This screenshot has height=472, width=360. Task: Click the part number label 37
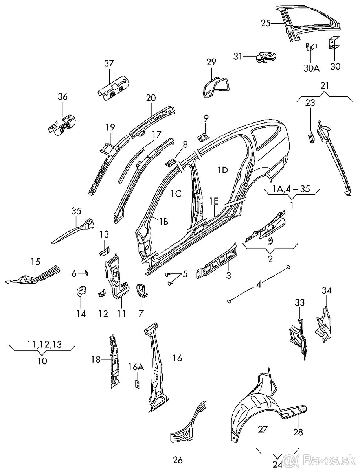coord(108,63)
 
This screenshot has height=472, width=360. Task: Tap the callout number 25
coord(266,23)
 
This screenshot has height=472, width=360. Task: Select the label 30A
coord(311,68)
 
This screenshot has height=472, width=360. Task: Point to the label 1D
coord(223,170)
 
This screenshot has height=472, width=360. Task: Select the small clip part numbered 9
coord(203,136)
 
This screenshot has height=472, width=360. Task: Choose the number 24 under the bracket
coord(277,465)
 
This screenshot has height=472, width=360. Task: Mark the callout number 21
coord(324,86)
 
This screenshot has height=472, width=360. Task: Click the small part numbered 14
coord(81,292)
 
